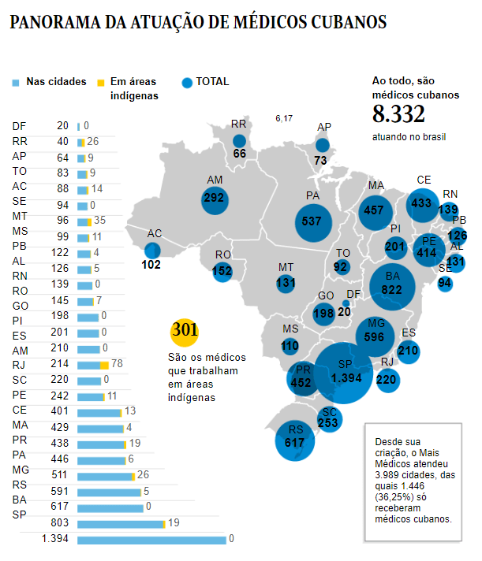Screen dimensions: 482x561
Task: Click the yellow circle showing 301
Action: pos(185,333)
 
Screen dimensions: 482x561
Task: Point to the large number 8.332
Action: pos(398,114)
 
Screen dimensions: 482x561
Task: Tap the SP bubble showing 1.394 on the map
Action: pos(343,373)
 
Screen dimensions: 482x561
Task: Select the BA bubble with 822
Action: pos(393,287)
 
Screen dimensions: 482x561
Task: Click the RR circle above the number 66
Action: pos(239,141)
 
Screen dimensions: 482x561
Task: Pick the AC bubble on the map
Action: pos(152,251)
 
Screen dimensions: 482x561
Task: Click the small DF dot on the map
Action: pos(346,304)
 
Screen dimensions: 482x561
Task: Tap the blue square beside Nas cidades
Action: pos(16,83)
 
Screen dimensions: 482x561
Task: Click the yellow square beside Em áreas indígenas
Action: pos(101,83)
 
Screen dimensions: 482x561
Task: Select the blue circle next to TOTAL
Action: pos(187,83)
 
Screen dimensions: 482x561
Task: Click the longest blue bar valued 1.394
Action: pos(151,540)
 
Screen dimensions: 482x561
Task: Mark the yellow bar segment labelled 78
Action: pos(104,366)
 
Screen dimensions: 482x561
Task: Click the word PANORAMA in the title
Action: pos(55,22)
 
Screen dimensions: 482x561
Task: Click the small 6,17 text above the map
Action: pos(284,118)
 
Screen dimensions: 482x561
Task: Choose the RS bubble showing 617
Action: pos(295,441)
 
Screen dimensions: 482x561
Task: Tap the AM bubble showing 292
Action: pos(215,201)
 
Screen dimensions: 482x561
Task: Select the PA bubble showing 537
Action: pos(313,223)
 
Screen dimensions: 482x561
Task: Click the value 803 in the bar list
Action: pos(59,522)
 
